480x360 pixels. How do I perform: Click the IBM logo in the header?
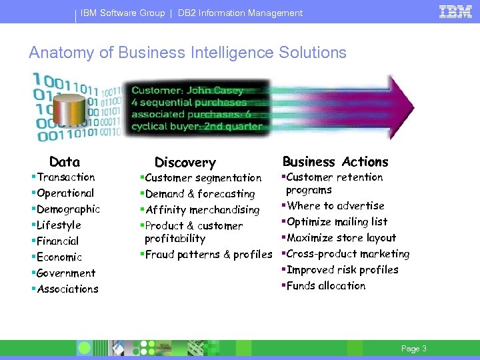tap(455, 11)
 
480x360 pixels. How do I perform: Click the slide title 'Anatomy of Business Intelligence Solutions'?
tap(187, 53)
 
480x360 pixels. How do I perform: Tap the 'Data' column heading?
tap(65, 162)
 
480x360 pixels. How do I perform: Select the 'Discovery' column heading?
tap(185, 163)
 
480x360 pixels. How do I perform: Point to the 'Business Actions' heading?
tap(335, 162)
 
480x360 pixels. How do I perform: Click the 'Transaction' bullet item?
tap(65, 177)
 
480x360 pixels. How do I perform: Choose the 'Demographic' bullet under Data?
tap(68, 209)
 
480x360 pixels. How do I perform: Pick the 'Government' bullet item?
tap(66, 273)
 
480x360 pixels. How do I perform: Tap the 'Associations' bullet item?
tap(67, 289)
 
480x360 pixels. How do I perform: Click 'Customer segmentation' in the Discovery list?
tap(203, 178)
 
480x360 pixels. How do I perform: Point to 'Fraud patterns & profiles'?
tap(208, 255)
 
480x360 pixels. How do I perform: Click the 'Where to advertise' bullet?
tap(335, 206)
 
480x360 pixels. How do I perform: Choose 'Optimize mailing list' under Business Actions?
tap(337, 222)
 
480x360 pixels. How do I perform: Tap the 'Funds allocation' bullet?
tap(325, 286)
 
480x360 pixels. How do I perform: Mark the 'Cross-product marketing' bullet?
tap(347, 254)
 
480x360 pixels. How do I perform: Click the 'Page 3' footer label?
tap(413, 349)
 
